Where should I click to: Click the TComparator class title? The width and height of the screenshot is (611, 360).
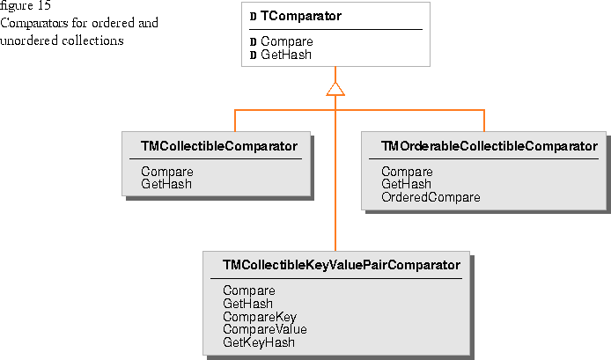pos(301,16)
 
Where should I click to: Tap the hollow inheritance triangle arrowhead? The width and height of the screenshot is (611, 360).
pos(335,89)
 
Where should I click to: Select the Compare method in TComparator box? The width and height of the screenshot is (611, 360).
pos(287,41)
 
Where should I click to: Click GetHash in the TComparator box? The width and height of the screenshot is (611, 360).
pos(286,55)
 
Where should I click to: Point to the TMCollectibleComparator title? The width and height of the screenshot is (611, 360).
pos(219,146)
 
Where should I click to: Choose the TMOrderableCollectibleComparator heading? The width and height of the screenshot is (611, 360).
pos(490,146)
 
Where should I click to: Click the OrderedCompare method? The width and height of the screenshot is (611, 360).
pos(431,197)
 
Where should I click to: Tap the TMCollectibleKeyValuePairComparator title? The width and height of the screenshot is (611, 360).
pos(342,265)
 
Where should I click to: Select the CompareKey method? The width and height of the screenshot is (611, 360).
pos(260,317)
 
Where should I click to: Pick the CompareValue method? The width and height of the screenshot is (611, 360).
pos(265,329)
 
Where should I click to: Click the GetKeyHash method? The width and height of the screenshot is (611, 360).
pos(259,342)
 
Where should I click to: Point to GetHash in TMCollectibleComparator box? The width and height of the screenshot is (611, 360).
pos(166,184)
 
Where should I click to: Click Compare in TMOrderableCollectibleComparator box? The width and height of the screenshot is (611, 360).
pos(407,172)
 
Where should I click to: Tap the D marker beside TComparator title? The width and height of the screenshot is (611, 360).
pos(253,17)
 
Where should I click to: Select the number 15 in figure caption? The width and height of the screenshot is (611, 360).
pos(44,5)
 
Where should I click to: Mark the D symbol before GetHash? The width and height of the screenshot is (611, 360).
pos(253,55)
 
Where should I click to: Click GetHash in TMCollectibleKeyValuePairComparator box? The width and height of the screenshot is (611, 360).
pos(247,304)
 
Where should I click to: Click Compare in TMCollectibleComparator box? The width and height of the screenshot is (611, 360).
pos(167,172)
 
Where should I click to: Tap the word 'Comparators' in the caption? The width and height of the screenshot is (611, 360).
pos(34,24)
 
